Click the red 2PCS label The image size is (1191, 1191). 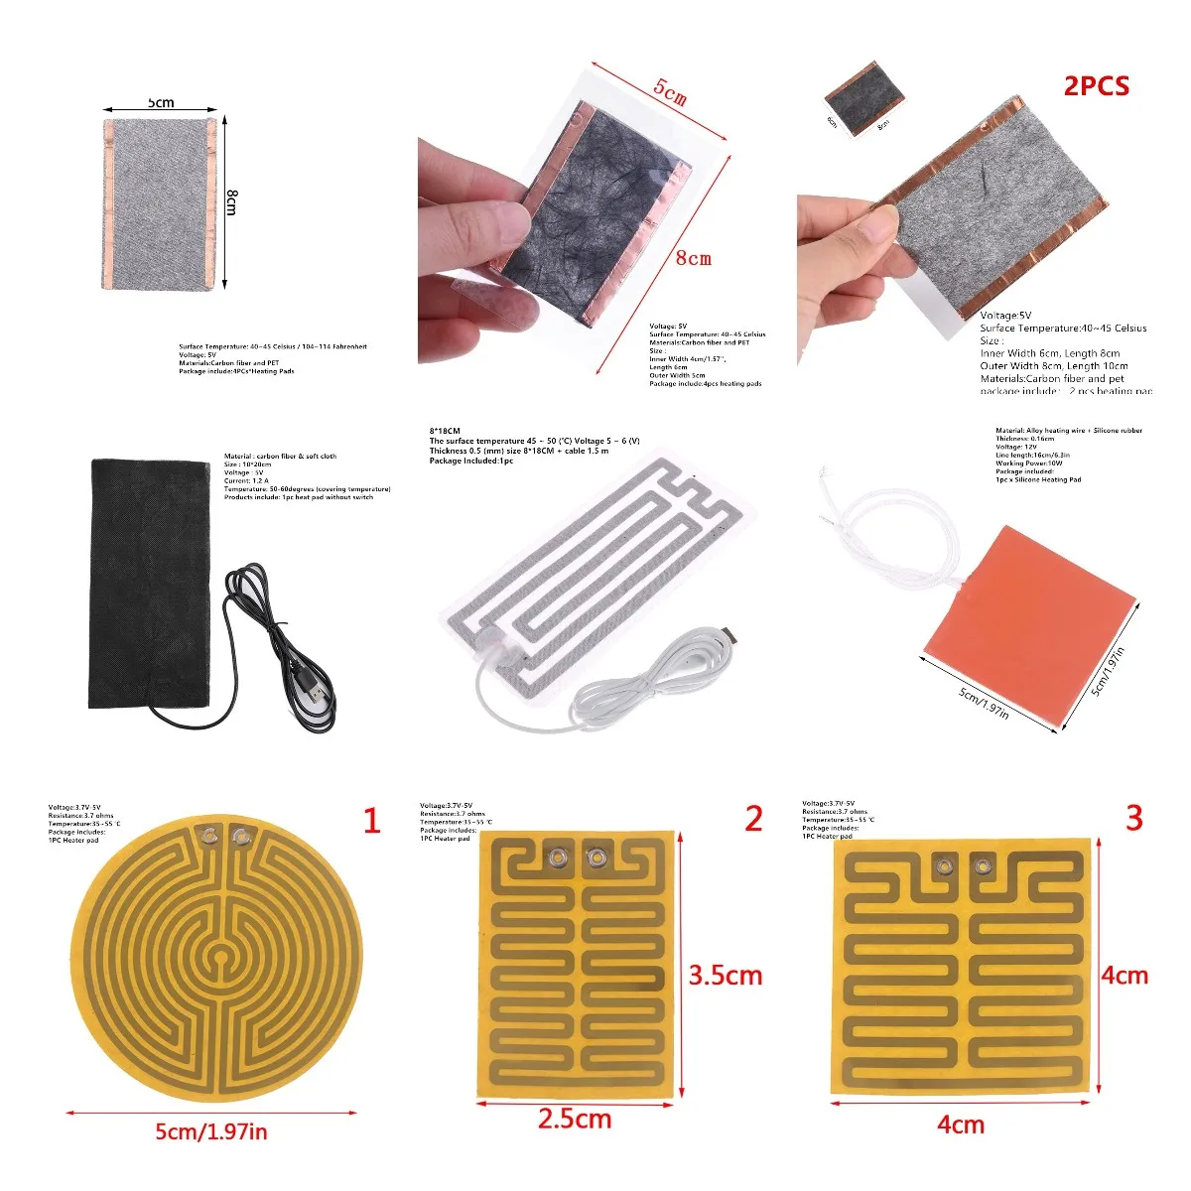tap(1096, 86)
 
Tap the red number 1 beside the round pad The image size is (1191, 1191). tap(372, 822)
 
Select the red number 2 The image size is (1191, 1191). tap(754, 819)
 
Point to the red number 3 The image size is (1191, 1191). tap(1134, 818)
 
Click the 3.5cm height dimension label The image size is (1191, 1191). tap(726, 976)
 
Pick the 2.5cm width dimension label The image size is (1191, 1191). tap(574, 1120)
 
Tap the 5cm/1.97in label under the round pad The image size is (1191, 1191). tap(210, 1131)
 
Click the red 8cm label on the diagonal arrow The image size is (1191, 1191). tap(693, 258)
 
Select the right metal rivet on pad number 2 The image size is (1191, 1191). tap(595, 858)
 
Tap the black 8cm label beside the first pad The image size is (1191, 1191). tap(231, 201)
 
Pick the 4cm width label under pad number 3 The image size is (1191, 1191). tap(960, 1125)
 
